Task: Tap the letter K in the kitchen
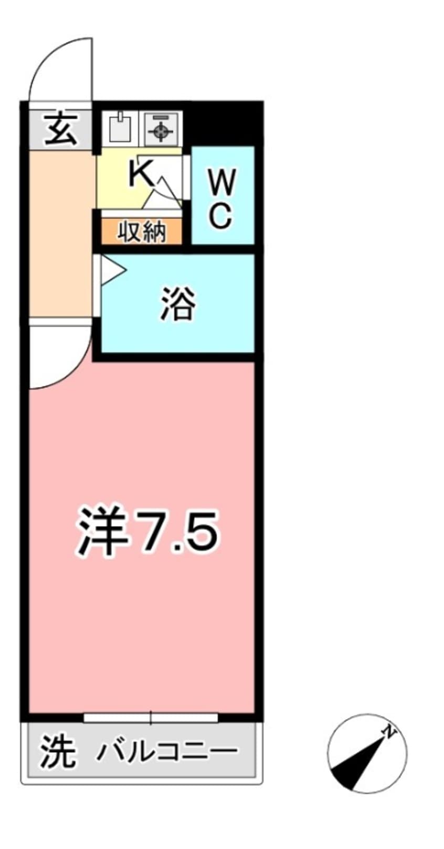tap(141, 174)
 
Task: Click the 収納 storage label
tap(141, 232)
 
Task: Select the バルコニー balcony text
tap(167, 753)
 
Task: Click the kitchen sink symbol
tap(120, 127)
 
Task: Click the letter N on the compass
tap(388, 731)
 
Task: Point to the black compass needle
tap(357, 761)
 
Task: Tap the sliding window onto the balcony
tap(151, 717)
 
